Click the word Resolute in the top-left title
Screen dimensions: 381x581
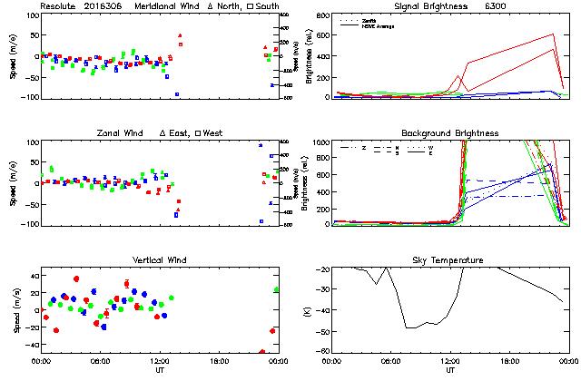point(58,6)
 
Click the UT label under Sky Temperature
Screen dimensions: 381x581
point(449,370)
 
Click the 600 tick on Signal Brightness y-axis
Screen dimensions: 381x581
point(323,34)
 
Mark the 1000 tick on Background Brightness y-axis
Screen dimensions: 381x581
point(320,142)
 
